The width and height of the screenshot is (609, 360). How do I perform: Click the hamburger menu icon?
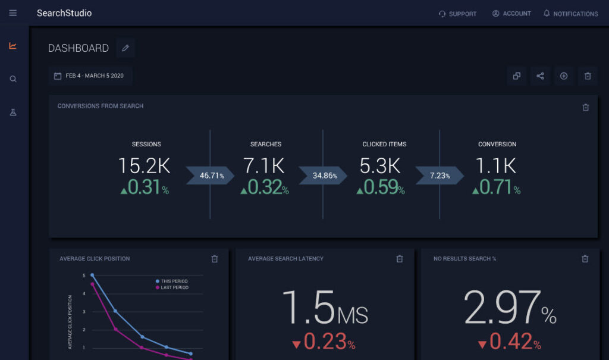13,13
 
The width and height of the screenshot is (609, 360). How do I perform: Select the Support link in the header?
457,14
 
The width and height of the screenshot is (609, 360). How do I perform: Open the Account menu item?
511,14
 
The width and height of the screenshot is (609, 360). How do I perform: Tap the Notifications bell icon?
547,13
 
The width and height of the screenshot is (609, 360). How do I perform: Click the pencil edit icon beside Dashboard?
125,48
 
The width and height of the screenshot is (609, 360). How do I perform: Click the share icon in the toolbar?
540,76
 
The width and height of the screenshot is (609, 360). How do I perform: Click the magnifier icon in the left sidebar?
13,79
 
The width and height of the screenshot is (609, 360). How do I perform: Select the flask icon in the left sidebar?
13,112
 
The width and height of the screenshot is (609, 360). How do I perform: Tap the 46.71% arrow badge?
210,176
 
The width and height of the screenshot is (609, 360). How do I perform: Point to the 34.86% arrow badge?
323,176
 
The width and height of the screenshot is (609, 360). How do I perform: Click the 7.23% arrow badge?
440,176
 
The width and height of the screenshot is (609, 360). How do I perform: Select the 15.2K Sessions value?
144,166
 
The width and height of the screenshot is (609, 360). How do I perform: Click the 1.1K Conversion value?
496,166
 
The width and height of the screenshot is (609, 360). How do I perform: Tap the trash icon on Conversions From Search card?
586,107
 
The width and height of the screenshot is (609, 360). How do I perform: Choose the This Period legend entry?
172,281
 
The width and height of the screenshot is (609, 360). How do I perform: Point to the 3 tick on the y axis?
84,312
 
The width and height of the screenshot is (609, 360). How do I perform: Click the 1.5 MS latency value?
325,307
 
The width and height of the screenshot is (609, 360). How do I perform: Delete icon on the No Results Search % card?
585,259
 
